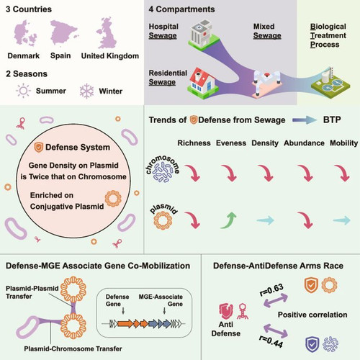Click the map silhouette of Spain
pos(63,32)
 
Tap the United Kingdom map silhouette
pos(107,33)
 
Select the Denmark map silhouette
pos(24,34)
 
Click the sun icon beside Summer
pos(23,91)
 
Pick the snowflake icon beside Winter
pos(86,91)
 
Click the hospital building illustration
pos(204,35)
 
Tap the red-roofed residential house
pos(203,83)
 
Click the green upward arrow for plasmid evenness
pos(229,220)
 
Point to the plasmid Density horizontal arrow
pos(266,220)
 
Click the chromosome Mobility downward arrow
pos(343,173)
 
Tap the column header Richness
pos(194,143)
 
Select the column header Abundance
pos(304,143)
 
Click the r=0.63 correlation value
pos(271,290)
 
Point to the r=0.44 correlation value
pos(271,341)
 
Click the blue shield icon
pos(312,343)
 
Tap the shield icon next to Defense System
pos(38,147)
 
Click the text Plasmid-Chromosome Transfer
pos(73,348)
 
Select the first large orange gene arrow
pos(125,324)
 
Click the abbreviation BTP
pos(332,120)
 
